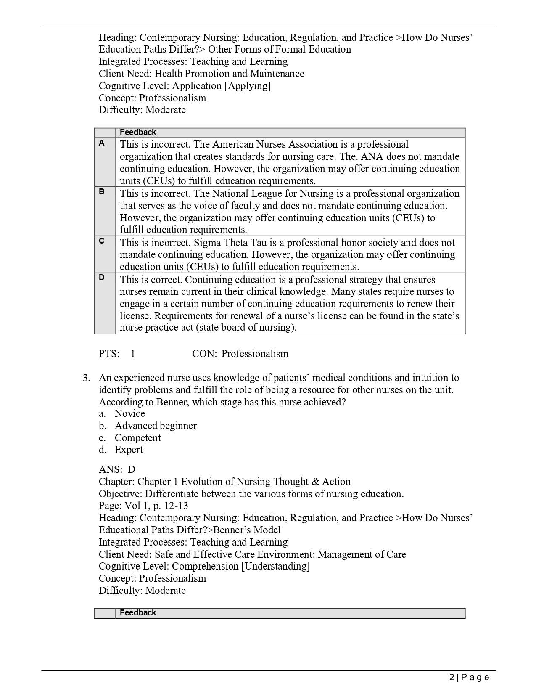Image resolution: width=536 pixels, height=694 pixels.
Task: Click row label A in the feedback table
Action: pos(102,143)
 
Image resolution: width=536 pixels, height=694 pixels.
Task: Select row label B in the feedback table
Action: pos(102,192)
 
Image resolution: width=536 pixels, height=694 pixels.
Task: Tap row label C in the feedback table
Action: pos(102,241)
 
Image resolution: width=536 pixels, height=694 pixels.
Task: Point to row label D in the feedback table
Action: pos(102,278)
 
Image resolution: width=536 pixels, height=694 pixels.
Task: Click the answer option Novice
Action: pos(129,413)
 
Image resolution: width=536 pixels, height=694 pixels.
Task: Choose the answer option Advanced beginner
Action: pos(156,426)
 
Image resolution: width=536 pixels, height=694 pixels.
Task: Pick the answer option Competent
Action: pos(137,438)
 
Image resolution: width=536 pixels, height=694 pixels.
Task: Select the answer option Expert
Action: pos(129,450)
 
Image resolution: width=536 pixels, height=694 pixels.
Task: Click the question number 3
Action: pos(86,378)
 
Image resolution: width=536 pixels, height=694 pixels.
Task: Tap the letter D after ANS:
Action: pos(132,469)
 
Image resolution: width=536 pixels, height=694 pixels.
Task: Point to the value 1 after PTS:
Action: pos(133,354)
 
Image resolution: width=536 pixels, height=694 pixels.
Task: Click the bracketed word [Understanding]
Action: pos(275,566)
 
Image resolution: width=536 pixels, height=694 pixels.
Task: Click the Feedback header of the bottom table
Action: pos(138,613)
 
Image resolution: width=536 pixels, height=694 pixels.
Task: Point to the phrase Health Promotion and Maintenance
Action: pos(229,74)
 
